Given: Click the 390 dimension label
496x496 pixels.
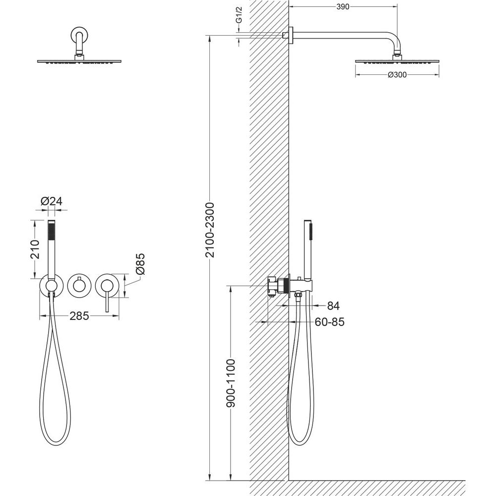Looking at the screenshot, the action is (x=343, y=7).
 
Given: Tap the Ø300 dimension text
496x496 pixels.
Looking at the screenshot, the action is (x=397, y=75).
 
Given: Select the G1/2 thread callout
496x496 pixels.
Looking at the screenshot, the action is (x=239, y=19).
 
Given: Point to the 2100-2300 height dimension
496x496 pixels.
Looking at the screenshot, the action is (x=210, y=230).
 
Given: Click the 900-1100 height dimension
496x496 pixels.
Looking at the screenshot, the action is (x=231, y=383).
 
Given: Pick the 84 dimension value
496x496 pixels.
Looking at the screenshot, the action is (x=333, y=306).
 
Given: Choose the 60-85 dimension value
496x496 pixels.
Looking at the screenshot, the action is (x=329, y=322).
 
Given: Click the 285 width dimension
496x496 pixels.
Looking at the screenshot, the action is (x=79, y=315).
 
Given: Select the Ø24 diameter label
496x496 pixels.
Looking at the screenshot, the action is (x=52, y=201).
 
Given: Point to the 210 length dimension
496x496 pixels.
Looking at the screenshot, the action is (x=35, y=249).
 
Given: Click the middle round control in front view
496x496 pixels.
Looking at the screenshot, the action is (x=79, y=285).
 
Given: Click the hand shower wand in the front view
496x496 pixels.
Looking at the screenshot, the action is (x=52, y=248).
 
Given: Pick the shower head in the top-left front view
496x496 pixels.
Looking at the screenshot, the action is (x=79, y=62).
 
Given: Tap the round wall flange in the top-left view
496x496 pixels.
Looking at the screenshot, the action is (x=79, y=34).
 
